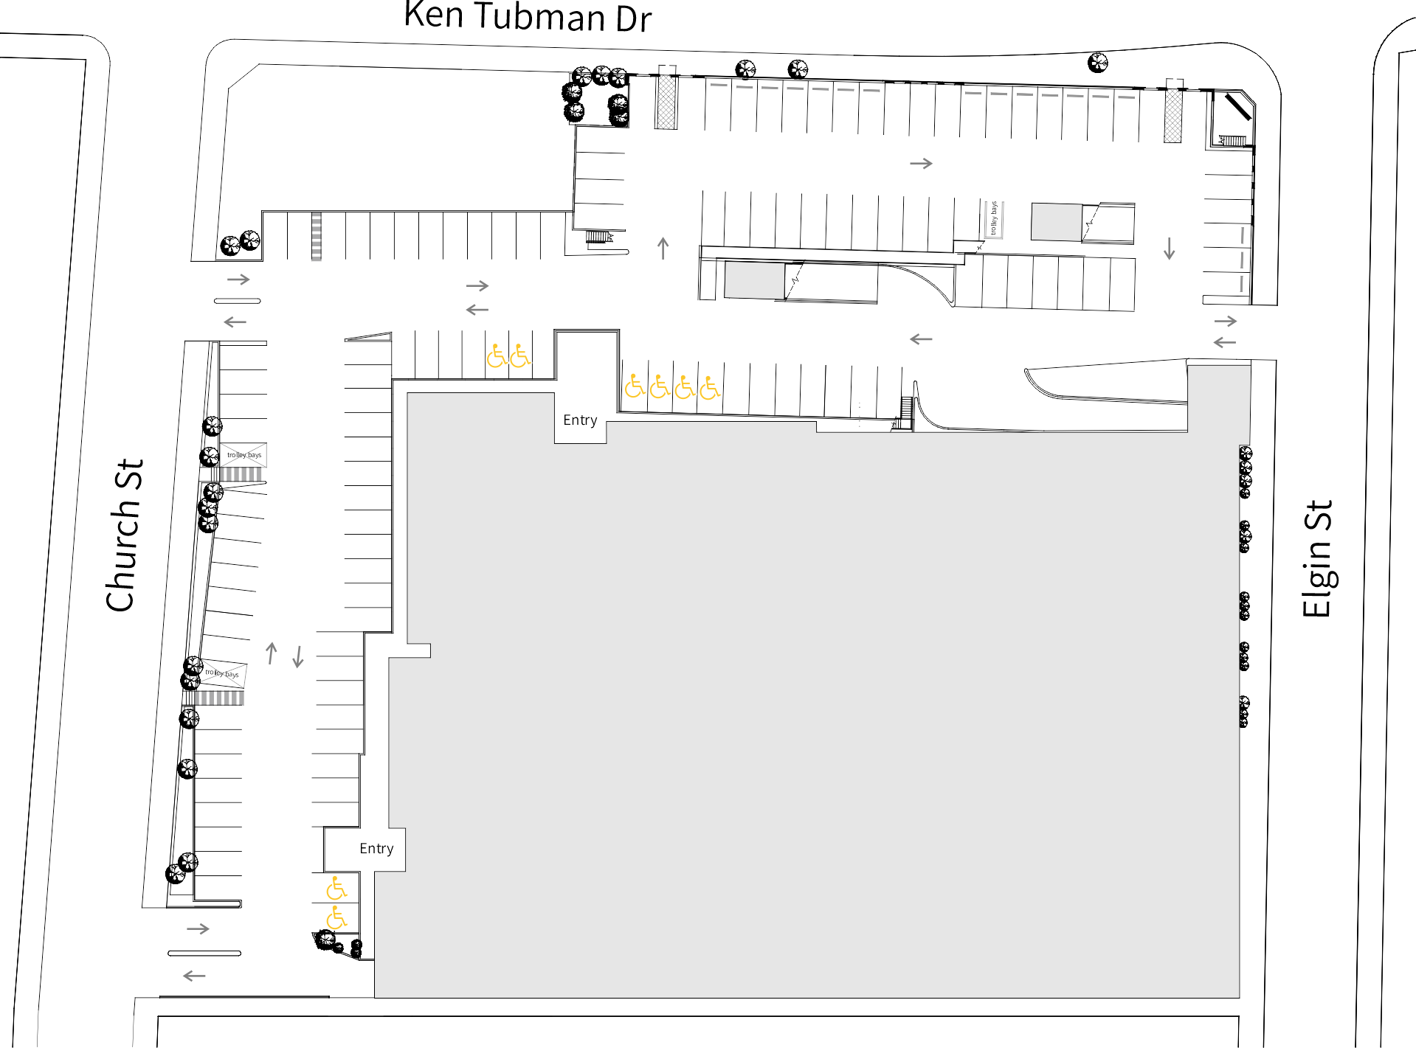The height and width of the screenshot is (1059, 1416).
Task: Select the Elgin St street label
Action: [1318, 558]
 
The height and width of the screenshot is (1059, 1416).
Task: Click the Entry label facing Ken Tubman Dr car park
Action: [580, 420]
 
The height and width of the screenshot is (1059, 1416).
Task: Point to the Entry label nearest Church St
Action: [376, 849]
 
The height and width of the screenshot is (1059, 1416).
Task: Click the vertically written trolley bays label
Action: [994, 218]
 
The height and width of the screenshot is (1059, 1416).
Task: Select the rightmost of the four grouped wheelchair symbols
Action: [710, 387]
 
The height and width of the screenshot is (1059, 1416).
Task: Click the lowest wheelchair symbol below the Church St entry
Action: [336, 918]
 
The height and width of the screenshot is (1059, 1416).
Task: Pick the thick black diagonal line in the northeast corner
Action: [1239, 106]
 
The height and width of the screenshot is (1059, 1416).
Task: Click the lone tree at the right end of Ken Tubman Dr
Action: [1098, 63]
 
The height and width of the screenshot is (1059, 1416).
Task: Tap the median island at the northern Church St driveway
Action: [237, 301]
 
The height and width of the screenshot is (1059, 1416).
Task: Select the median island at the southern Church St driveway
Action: [204, 953]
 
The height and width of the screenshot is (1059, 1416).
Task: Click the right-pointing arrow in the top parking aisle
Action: [921, 163]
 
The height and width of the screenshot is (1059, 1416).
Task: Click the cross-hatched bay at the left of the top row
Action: [666, 102]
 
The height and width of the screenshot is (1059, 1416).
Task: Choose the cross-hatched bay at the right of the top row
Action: [1172, 115]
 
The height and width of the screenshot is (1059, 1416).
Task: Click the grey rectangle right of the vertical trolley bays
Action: [1056, 222]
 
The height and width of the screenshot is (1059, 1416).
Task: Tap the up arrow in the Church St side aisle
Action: [272, 653]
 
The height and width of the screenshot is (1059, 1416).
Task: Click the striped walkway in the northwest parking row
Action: [317, 236]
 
